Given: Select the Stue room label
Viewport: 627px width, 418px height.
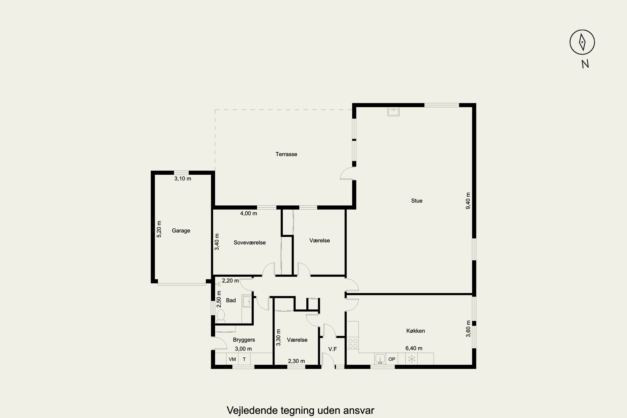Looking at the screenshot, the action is click(417, 201).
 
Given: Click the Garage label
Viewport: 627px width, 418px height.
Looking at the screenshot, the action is click(181, 231).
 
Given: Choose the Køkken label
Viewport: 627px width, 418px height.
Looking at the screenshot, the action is click(416, 331).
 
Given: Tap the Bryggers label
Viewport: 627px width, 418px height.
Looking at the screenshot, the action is click(244, 340).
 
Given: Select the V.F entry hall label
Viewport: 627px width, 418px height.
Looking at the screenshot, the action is click(333, 349).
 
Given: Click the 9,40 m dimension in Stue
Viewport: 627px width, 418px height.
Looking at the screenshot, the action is click(468, 201).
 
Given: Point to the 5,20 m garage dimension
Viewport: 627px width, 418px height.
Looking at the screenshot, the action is click(159, 229).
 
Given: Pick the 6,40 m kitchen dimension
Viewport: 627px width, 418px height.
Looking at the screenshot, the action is click(414, 348).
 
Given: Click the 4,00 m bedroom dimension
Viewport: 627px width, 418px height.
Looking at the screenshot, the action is click(249, 213).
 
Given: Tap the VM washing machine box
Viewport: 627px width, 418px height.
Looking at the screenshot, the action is click(232, 359).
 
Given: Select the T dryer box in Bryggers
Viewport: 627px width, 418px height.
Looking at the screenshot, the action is click(244, 359).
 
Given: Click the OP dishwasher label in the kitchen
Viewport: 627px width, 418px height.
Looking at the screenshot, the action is click(392, 359).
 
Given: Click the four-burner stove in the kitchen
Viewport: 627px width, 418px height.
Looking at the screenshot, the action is click(353, 343).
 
